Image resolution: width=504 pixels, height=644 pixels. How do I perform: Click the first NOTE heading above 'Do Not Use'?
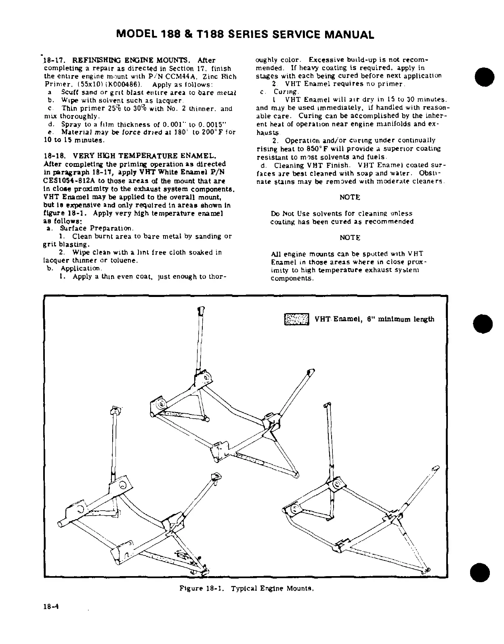click(350, 197)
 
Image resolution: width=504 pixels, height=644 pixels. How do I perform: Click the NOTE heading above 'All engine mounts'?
click(350, 238)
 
